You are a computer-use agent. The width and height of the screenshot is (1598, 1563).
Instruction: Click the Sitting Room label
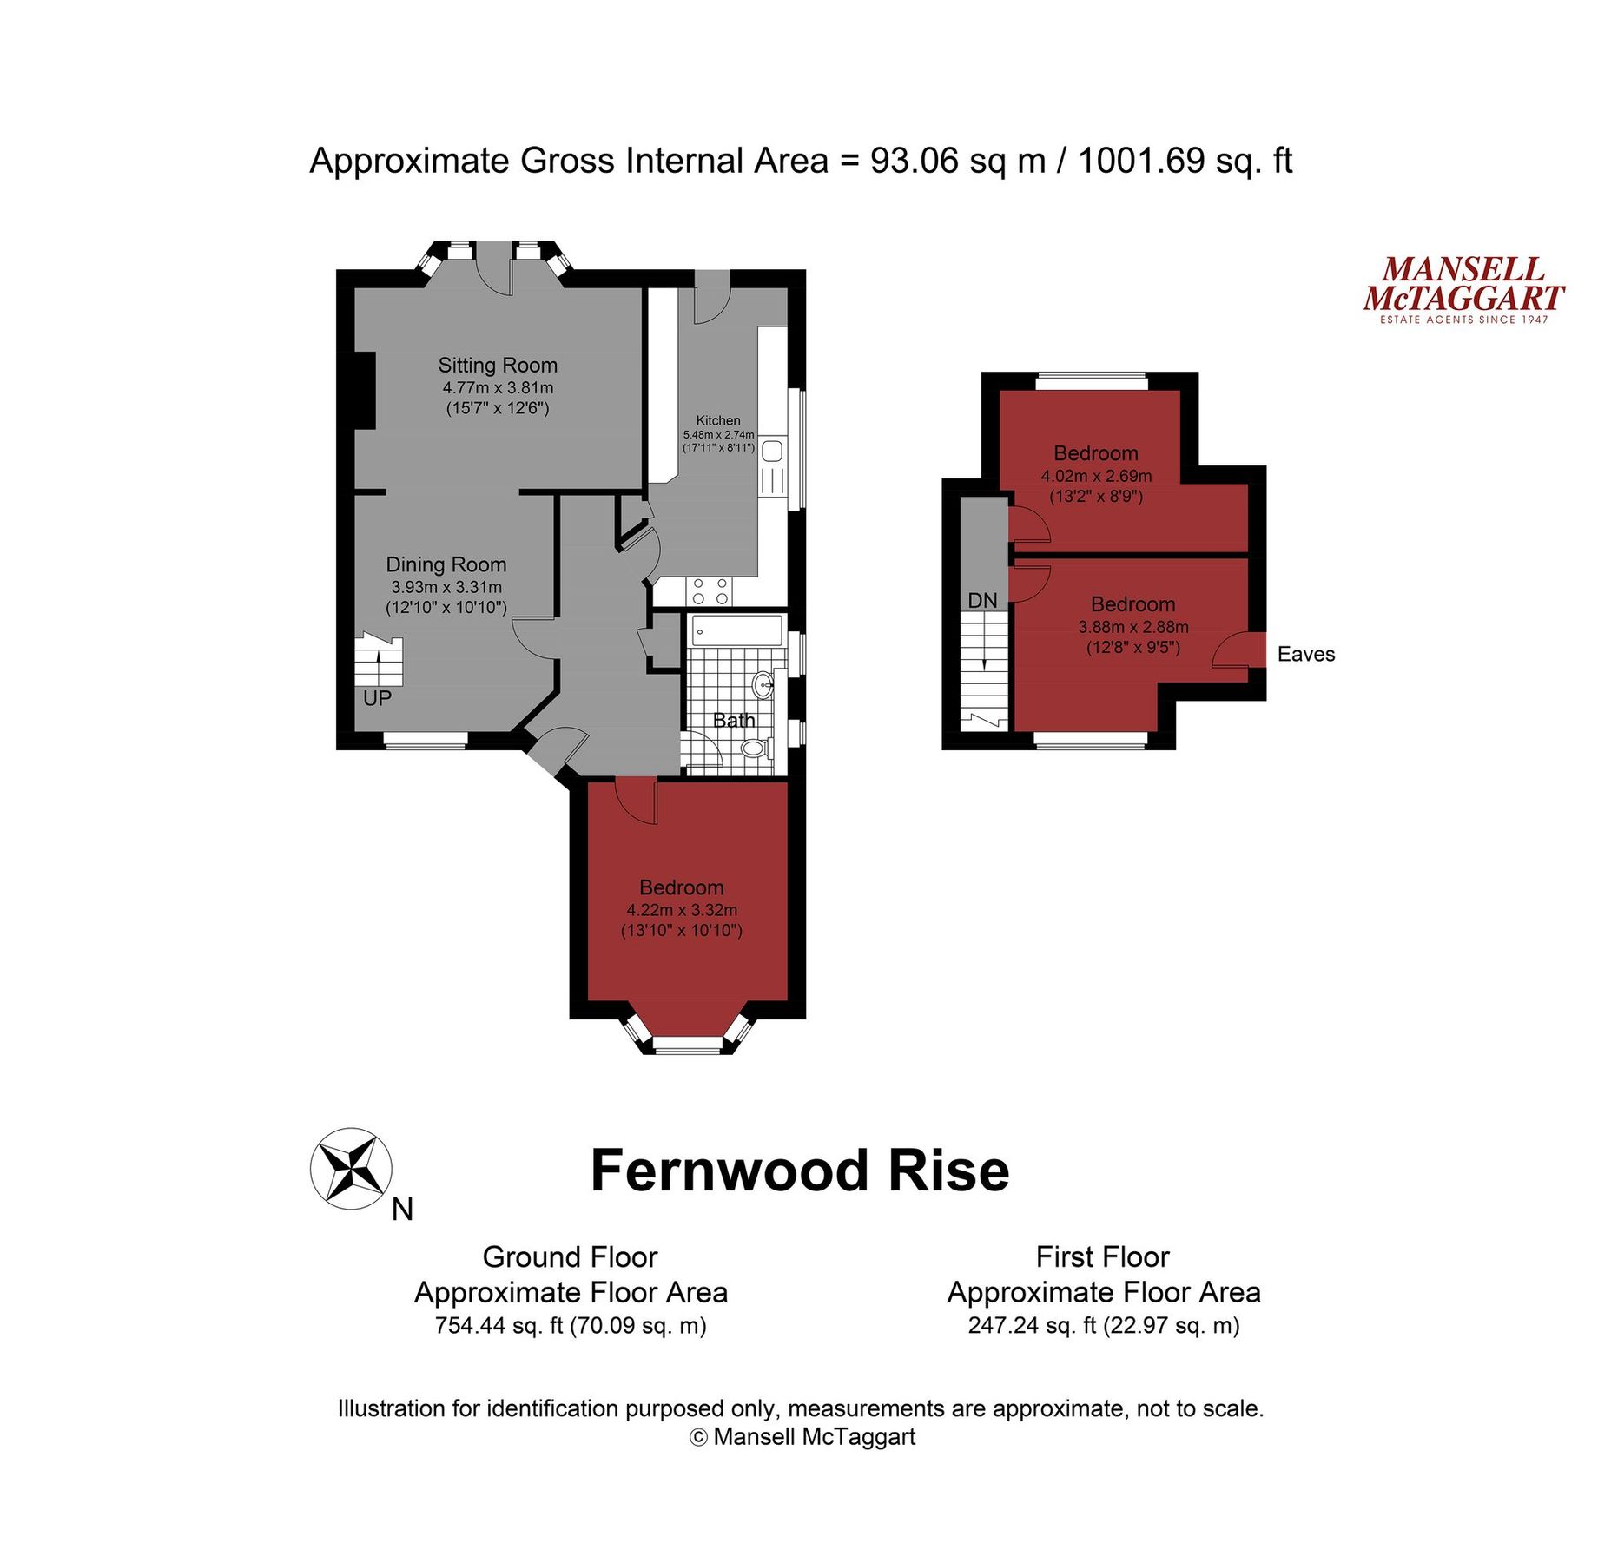tap(498, 366)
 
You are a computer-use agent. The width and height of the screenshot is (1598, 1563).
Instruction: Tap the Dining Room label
tap(446, 565)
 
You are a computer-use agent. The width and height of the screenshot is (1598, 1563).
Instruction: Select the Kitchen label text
tap(718, 421)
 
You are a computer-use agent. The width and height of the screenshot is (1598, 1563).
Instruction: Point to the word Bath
tap(734, 721)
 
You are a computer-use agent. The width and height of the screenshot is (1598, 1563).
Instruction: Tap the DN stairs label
tap(982, 601)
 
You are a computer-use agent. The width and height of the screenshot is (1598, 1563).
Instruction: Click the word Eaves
tap(1305, 655)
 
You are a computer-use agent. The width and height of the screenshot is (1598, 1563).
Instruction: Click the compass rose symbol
tap(351, 1169)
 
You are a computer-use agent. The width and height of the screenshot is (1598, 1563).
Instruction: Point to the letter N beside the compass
tap(402, 1210)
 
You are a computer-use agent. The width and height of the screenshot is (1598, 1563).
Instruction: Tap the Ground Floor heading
tap(570, 1257)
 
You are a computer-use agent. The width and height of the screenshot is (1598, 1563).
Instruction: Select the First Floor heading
tap(1102, 1257)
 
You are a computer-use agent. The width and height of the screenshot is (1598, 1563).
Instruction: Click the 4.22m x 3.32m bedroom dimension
tap(682, 911)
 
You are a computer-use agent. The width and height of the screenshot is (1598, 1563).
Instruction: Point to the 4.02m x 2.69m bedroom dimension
tap(1096, 476)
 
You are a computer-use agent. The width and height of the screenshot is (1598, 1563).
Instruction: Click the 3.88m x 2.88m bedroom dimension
tap(1133, 627)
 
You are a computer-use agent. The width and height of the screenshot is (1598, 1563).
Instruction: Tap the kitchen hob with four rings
tap(710, 591)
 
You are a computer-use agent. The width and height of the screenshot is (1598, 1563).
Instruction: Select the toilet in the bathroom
tap(756, 749)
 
